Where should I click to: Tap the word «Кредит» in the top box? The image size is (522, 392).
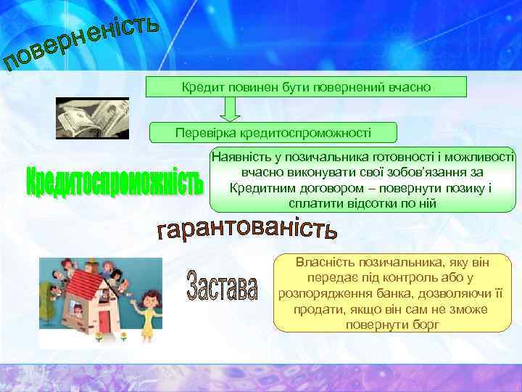pos(198,87)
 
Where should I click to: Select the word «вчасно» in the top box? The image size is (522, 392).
pos(411,87)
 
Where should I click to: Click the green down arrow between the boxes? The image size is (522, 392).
pos(231,110)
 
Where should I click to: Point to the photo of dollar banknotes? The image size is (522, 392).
pos(92,118)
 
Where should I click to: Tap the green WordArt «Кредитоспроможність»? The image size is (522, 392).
pos(114,181)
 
